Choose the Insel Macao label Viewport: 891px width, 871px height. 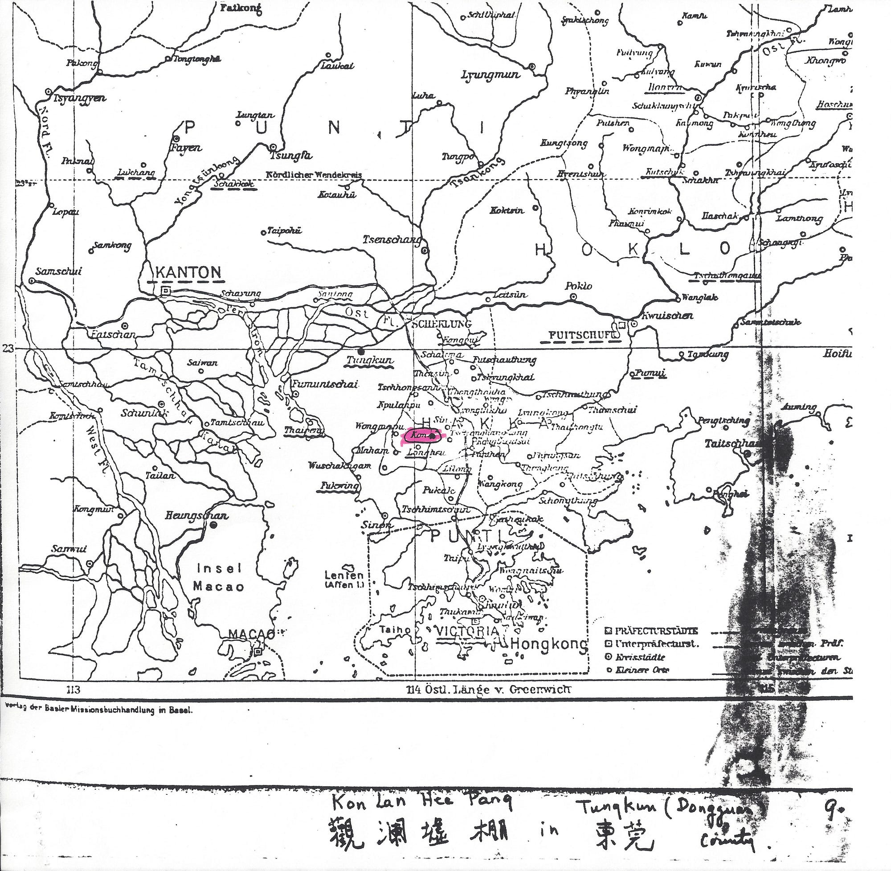[219, 577]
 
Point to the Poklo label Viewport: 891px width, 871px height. [578, 286]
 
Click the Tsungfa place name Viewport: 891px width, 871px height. [291, 156]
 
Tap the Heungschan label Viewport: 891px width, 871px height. [196, 516]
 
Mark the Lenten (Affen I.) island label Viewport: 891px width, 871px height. [344, 579]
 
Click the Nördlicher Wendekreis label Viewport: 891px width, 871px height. [314, 175]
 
